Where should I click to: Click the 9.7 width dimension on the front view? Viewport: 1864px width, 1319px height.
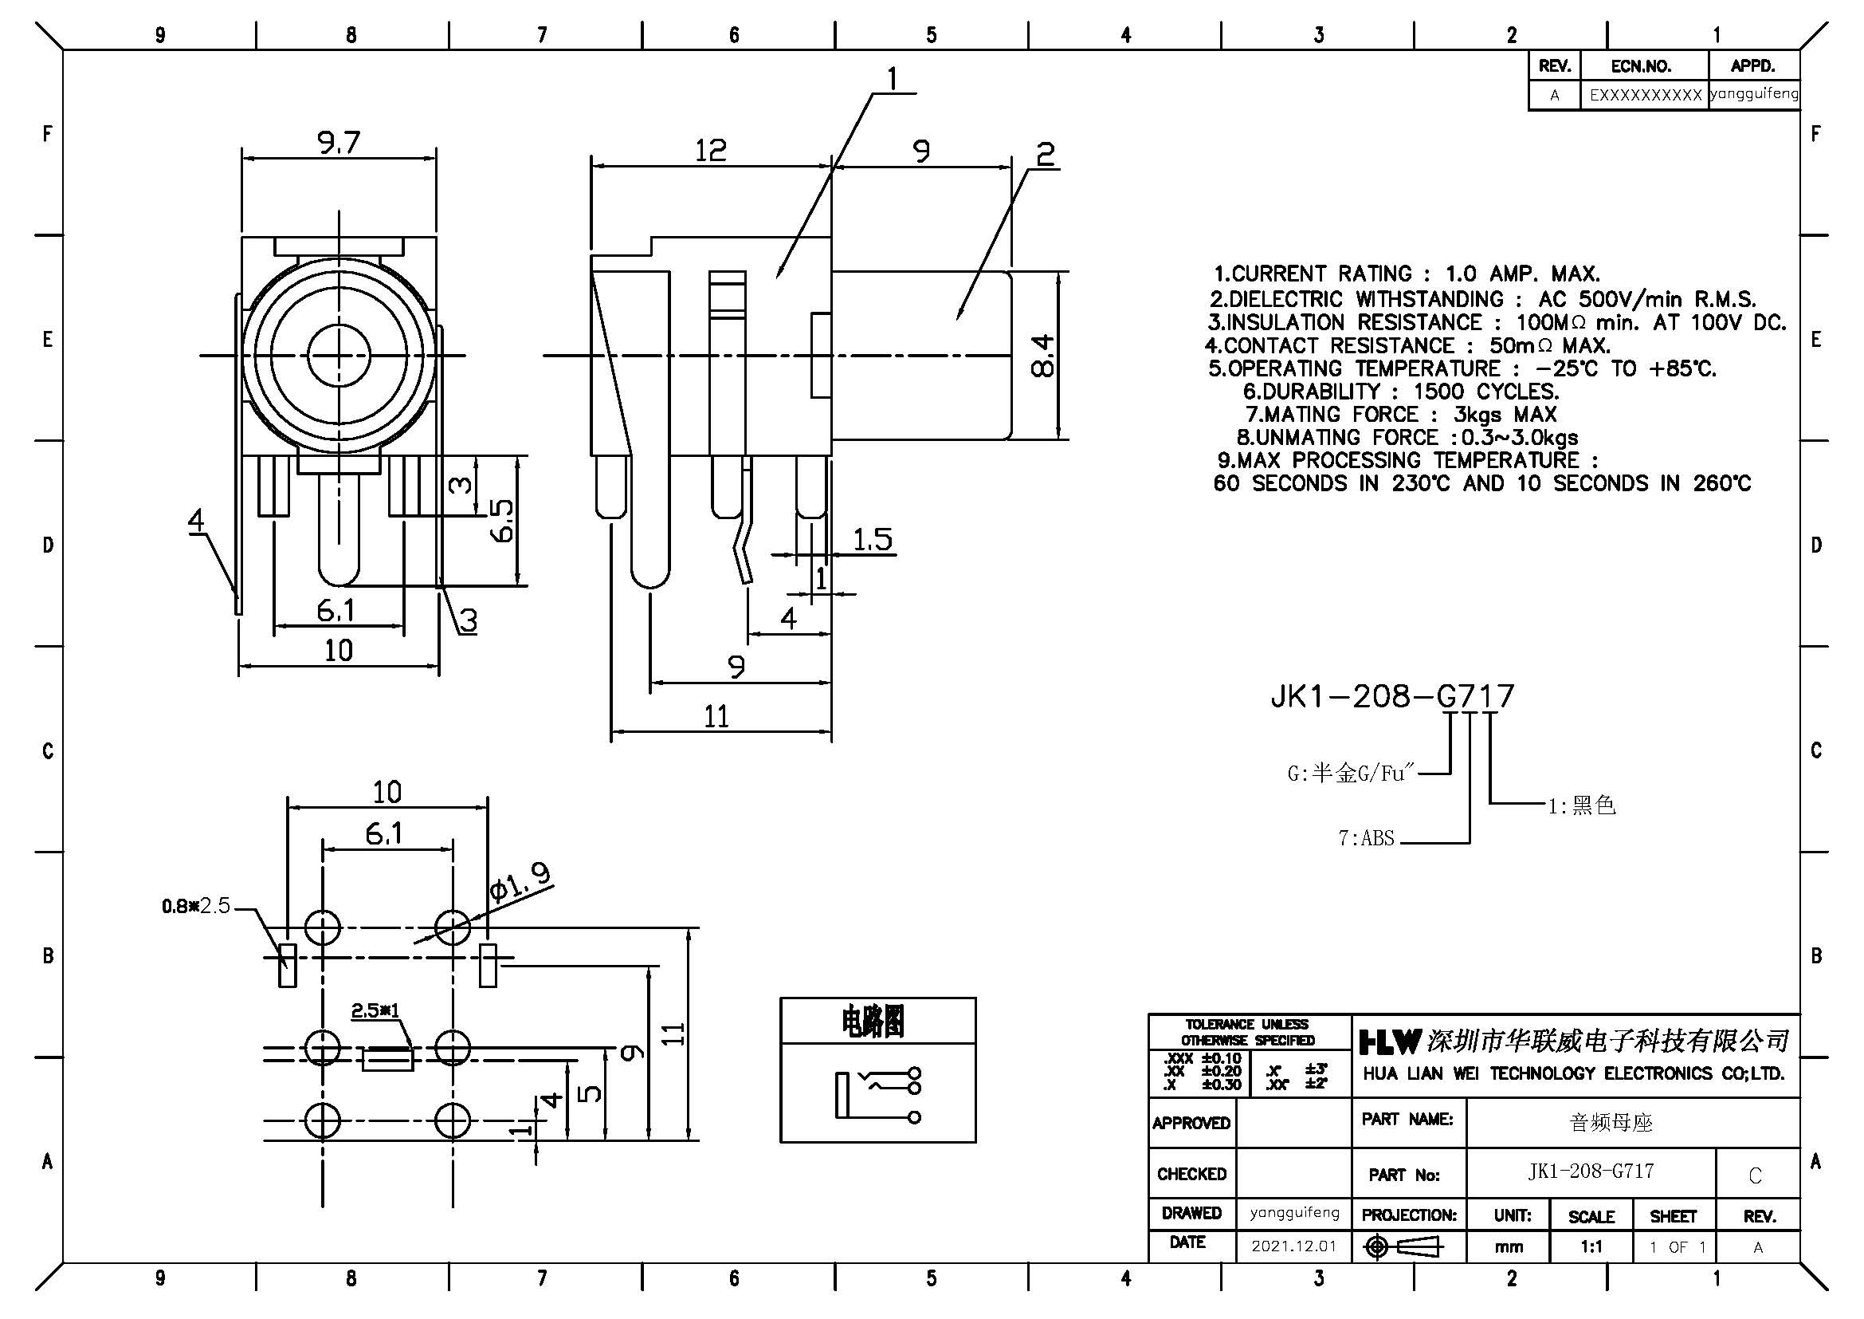tap(339, 143)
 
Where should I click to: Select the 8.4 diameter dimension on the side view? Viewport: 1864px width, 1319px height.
tap(1042, 356)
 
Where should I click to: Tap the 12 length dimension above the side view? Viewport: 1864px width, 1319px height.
tap(710, 150)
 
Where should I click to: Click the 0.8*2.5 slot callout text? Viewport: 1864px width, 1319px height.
tap(196, 906)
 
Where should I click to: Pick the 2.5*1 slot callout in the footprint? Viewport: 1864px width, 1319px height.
tap(375, 1010)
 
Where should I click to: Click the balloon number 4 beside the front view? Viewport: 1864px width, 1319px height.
tap(196, 520)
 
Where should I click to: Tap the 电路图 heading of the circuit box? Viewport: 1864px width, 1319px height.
tap(873, 1021)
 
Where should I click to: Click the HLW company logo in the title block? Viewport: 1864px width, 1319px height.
tap(1391, 1041)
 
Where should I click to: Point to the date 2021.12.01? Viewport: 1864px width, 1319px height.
tap(1293, 1246)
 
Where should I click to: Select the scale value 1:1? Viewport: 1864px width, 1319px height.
tap(1591, 1246)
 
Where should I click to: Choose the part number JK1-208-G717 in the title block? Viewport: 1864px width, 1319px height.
tap(1591, 1171)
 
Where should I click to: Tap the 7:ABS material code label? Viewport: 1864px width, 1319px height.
tap(1367, 838)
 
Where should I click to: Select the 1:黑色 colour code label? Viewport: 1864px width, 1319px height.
tap(1581, 805)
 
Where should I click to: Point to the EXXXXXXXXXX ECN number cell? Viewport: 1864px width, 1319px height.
tap(1645, 95)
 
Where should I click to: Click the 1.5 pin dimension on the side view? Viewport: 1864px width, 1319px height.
tap(873, 539)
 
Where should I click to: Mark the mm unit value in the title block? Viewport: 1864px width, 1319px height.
tap(1509, 1246)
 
